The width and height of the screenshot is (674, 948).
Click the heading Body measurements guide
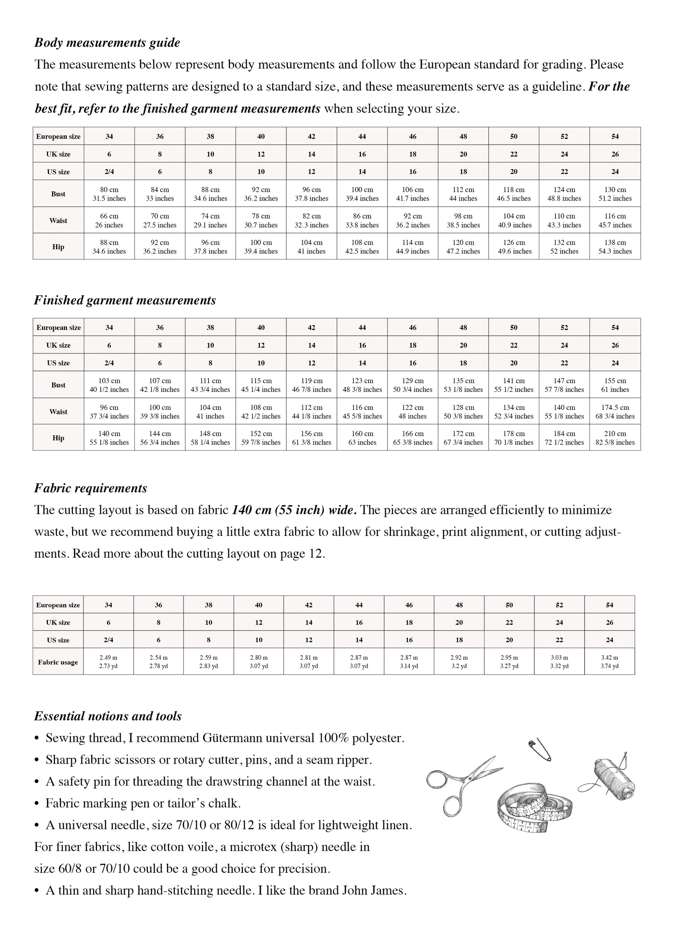tap(107, 43)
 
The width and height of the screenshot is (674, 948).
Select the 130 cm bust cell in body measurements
tap(615, 194)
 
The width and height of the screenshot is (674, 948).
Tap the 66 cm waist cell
tap(109, 220)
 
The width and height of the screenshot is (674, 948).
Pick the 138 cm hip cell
tap(615, 247)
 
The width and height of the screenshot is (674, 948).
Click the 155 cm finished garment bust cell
tap(615, 385)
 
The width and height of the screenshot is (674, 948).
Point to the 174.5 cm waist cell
tap(615, 411)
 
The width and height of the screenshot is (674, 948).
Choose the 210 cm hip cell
tap(615, 437)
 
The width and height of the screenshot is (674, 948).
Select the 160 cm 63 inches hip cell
tap(362, 437)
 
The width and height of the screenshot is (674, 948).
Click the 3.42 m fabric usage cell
tap(609, 662)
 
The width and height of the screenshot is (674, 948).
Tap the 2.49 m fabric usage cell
tap(108, 662)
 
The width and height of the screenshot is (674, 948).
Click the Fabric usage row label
tap(58, 662)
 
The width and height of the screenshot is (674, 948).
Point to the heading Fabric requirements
tap(90, 488)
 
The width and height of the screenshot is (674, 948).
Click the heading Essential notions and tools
tap(108, 716)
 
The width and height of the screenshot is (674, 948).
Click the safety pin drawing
tap(540, 750)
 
